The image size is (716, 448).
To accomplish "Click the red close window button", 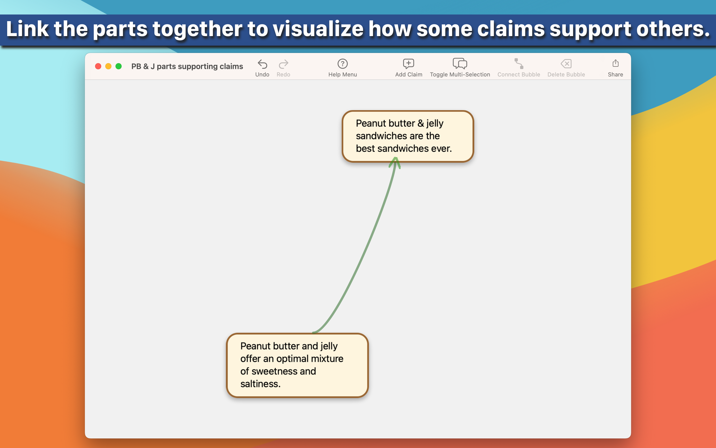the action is point(98,66).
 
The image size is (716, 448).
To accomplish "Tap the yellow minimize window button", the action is point(108,66).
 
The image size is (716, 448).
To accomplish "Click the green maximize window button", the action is point(119,66).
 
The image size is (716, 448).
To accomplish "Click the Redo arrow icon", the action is point(283,64).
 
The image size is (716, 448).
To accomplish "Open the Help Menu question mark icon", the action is point(343,64).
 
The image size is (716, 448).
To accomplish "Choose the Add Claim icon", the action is point(409,64).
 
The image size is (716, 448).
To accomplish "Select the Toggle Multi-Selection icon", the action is point(460,64).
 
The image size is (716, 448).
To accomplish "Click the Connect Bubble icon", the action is point(519,64).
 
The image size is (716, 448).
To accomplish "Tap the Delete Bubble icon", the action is point(566,64).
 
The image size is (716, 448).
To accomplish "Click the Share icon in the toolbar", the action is point(615,63).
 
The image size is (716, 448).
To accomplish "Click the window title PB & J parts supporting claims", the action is point(187,66).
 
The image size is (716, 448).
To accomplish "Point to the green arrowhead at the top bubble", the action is point(395,162).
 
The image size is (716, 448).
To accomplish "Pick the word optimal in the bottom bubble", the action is point(292,359).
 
